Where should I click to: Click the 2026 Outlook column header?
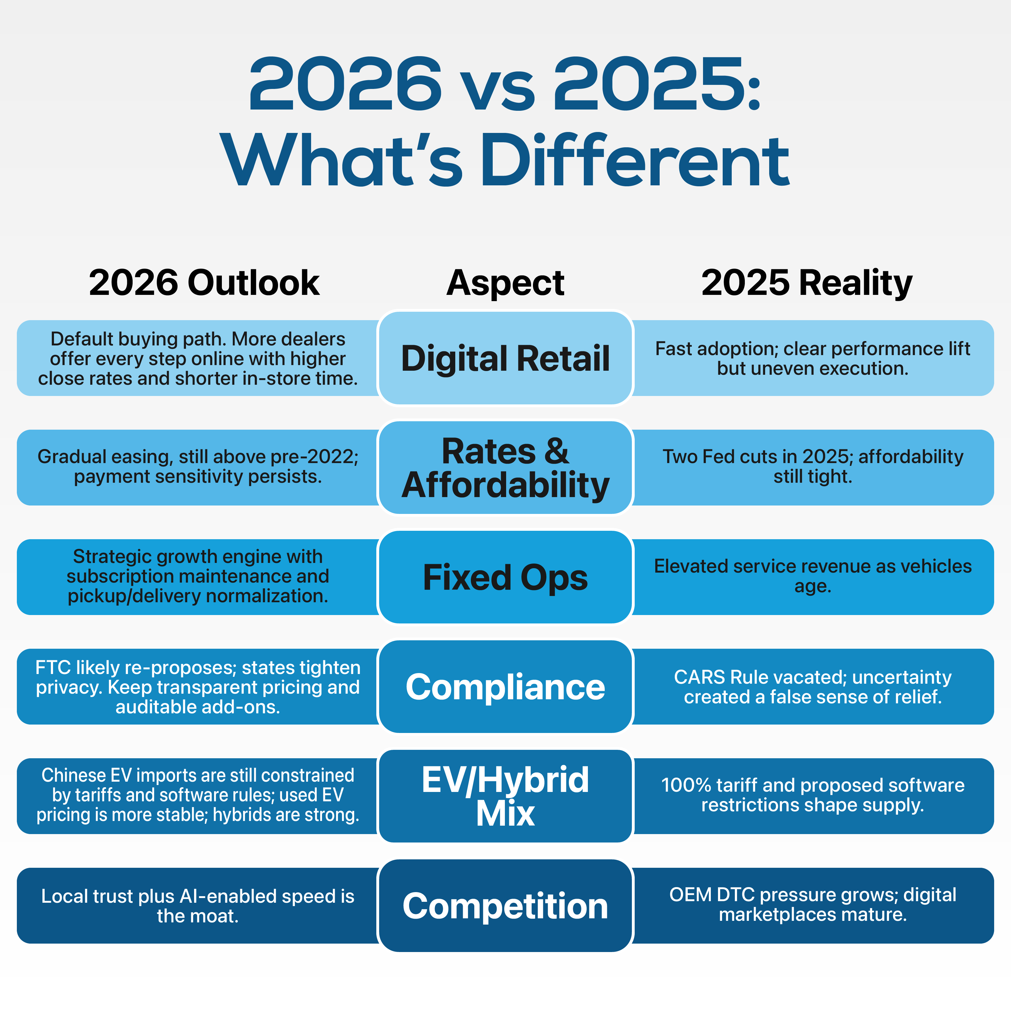coord(204,283)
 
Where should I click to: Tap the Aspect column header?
coord(506,283)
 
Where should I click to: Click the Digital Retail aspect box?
coord(506,359)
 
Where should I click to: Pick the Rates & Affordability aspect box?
coord(506,468)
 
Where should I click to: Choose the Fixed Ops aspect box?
coord(506,577)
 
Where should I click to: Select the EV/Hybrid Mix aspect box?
coord(506,796)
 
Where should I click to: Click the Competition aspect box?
coord(506,906)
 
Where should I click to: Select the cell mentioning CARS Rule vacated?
coord(813,686)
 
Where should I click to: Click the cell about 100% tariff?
coord(813,795)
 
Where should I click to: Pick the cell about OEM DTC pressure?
coord(813,905)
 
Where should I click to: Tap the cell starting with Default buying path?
coord(198,359)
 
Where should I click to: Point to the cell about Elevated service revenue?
coord(813,576)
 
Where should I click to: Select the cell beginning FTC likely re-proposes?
coord(198,686)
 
